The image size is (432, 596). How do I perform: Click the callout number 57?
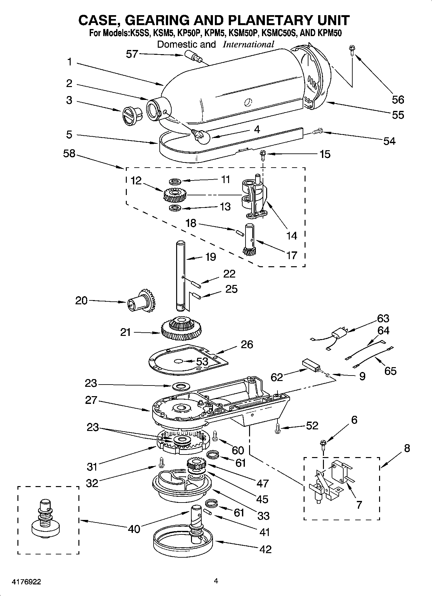point(132,54)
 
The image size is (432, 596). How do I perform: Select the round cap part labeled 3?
point(131,115)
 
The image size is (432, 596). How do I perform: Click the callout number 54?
point(389,141)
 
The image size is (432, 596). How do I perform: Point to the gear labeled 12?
point(174,194)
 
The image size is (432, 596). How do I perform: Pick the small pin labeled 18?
point(238,232)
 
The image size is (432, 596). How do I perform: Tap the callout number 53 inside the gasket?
point(202,361)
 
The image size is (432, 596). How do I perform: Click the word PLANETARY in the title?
point(266,20)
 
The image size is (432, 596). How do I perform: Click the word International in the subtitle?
point(248,44)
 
